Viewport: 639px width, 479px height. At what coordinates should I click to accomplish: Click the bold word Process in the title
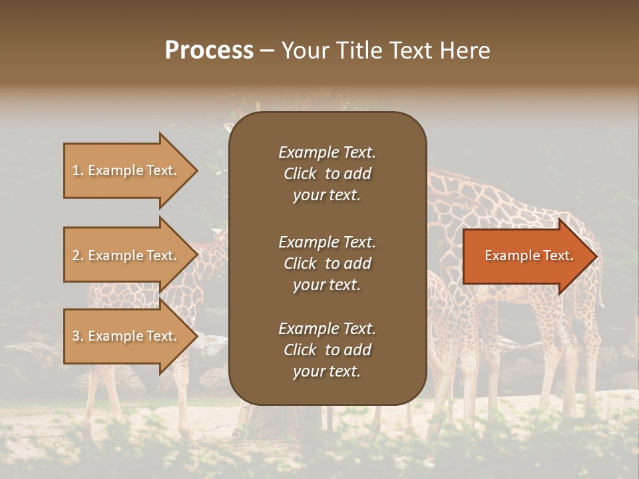tap(209, 51)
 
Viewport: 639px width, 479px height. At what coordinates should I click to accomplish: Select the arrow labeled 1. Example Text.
tap(126, 170)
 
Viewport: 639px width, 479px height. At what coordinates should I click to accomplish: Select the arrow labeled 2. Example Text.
tap(126, 255)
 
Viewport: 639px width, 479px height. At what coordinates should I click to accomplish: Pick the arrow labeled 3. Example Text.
tap(126, 336)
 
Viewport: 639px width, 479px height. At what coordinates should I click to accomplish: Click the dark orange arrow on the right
tap(526, 256)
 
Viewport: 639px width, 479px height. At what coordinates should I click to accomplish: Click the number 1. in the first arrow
tap(78, 170)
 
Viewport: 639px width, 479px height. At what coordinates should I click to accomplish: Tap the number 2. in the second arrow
tap(78, 255)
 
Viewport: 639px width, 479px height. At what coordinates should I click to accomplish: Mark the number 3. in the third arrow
tap(78, 336)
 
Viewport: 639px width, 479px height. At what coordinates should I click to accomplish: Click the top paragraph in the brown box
tap(327, 174)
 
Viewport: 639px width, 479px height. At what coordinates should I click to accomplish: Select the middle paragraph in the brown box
tap(327, 263)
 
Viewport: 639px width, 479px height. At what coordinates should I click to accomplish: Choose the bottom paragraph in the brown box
tap(327, 350)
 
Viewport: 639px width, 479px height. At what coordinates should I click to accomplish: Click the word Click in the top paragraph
tap(300, 174)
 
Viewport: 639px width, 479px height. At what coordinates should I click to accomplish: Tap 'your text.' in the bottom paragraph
tap(326, 371)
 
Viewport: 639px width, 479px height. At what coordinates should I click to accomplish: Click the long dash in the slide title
tap(267, 51)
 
